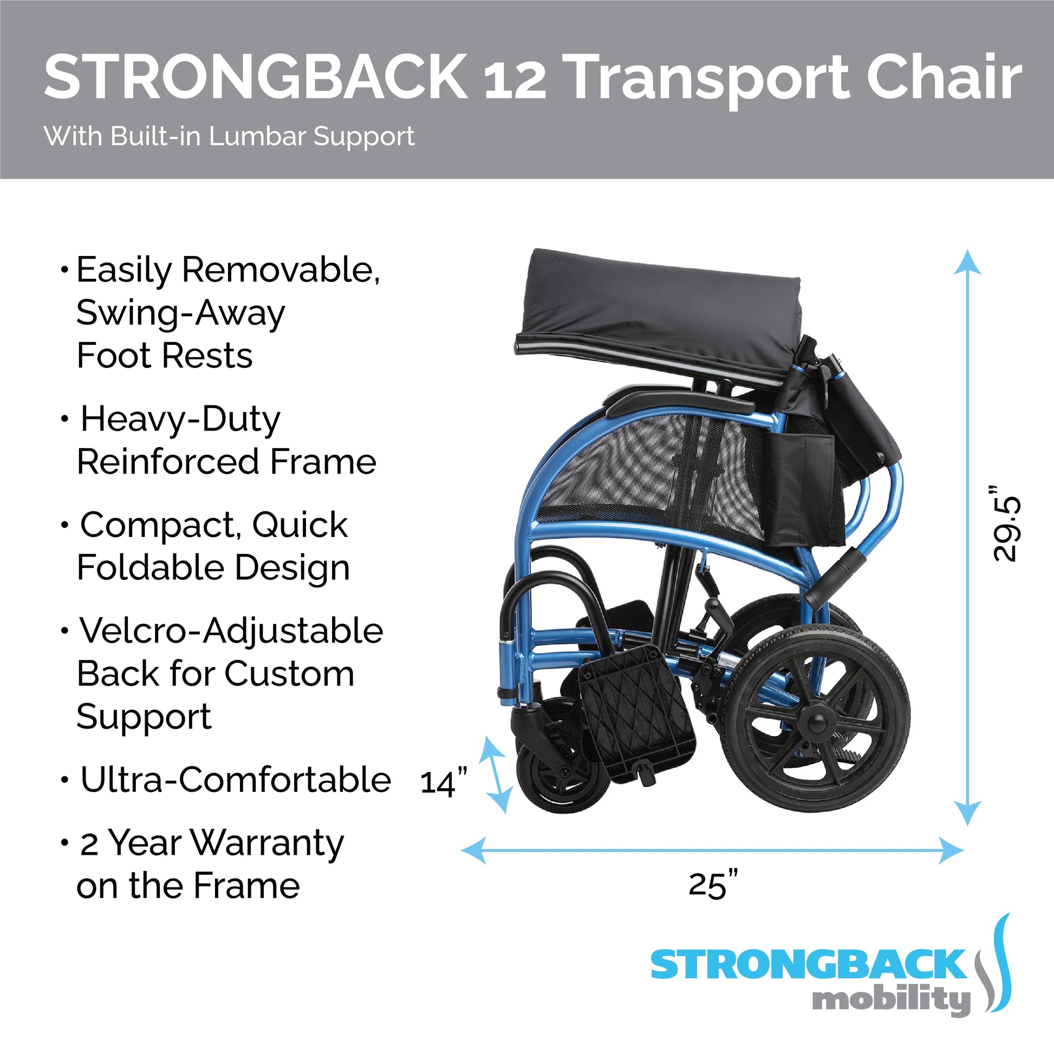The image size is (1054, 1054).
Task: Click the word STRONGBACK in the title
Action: click(256, 77)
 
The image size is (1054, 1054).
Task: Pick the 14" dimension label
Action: click(444, 781)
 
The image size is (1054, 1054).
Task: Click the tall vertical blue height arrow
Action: click(967, 538)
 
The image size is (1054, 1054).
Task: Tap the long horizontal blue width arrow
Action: click(712, 850)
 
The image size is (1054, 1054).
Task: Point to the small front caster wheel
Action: click(562, 774)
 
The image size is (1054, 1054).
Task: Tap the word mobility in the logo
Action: click(892, 999)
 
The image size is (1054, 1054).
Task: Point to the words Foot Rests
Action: click(165, 356)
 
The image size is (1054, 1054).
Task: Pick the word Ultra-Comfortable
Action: click(236, 780)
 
